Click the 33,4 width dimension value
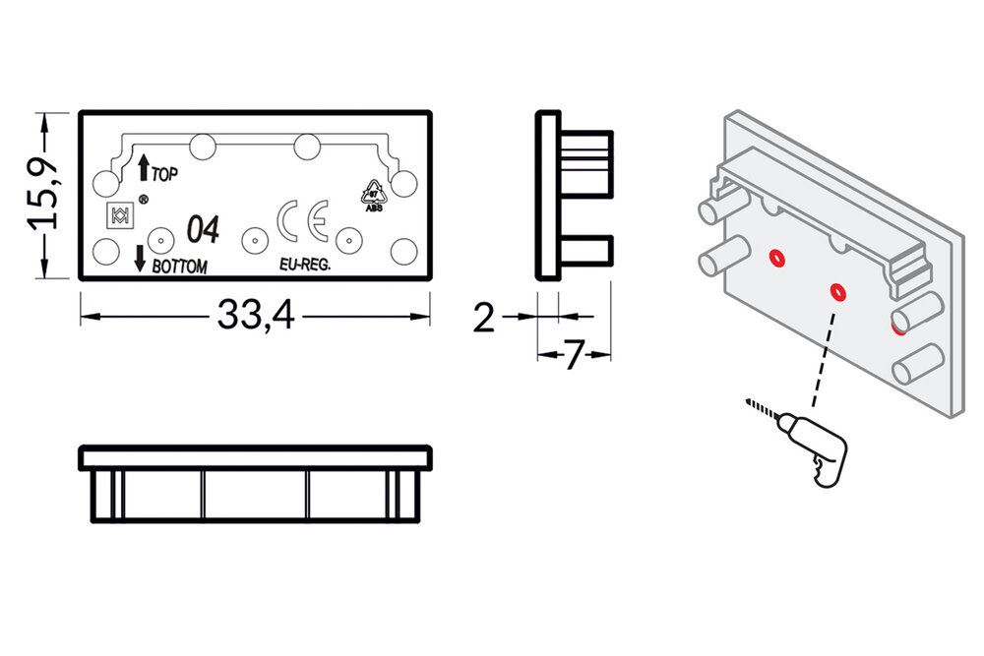pos(255,316)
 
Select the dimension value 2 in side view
pos(483,318)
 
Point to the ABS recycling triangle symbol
pos(374,195)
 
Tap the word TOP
pos(164,174)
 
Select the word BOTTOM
pos(180,266)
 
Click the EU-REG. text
pos(304,266)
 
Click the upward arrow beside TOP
pos(144,167)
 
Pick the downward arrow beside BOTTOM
pos(140,258)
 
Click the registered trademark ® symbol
pos(143,200)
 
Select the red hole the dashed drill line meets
pos(837,291)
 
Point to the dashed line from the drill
pos(823,354)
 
